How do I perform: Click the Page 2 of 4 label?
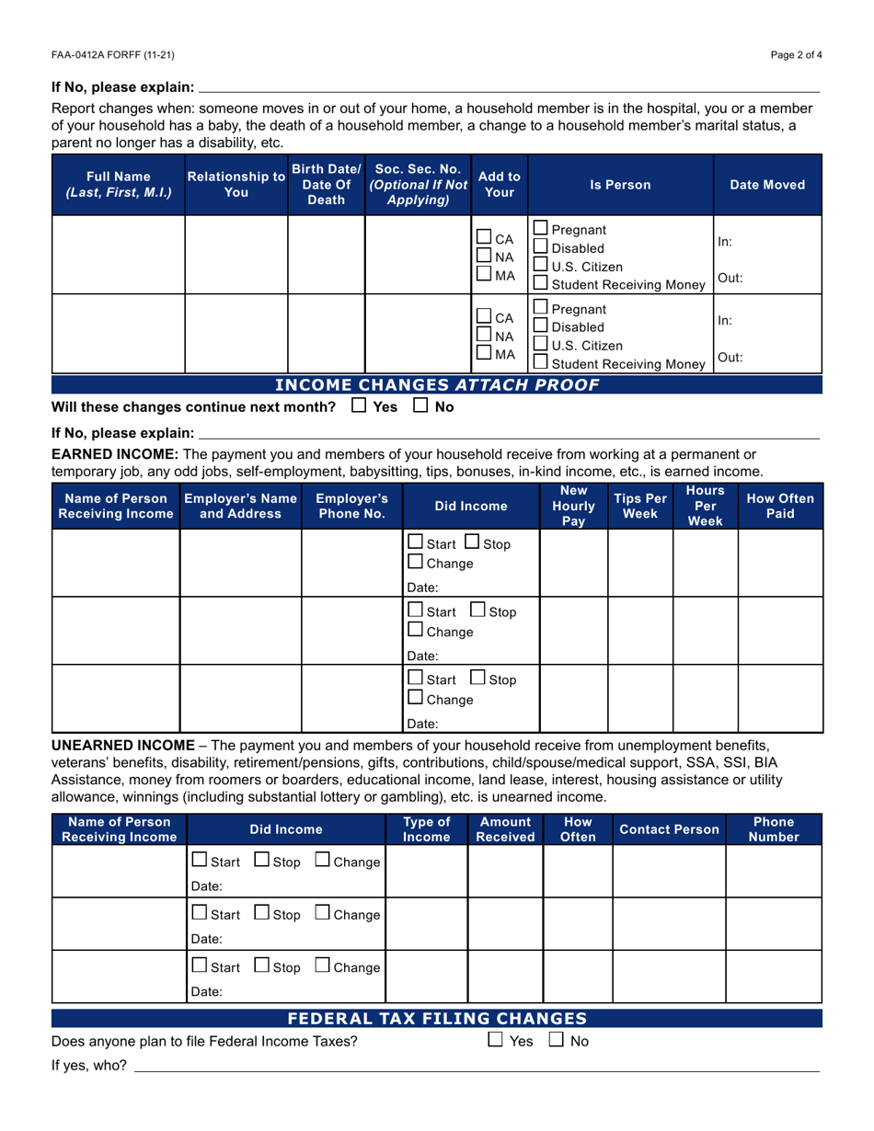tap(797, 55)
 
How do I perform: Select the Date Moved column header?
tap(767, 185)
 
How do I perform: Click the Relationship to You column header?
tap(236, 185)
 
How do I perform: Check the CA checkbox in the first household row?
tap(485, 238)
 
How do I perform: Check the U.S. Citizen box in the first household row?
tap(542, 268)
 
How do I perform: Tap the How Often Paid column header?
tap(779, 507)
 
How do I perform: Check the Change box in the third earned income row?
tap(417, 699)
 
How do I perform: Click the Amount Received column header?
tap(506, 829)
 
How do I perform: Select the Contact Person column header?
tap(669, 829)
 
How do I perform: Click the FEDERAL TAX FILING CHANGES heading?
tap(437, 1018)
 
